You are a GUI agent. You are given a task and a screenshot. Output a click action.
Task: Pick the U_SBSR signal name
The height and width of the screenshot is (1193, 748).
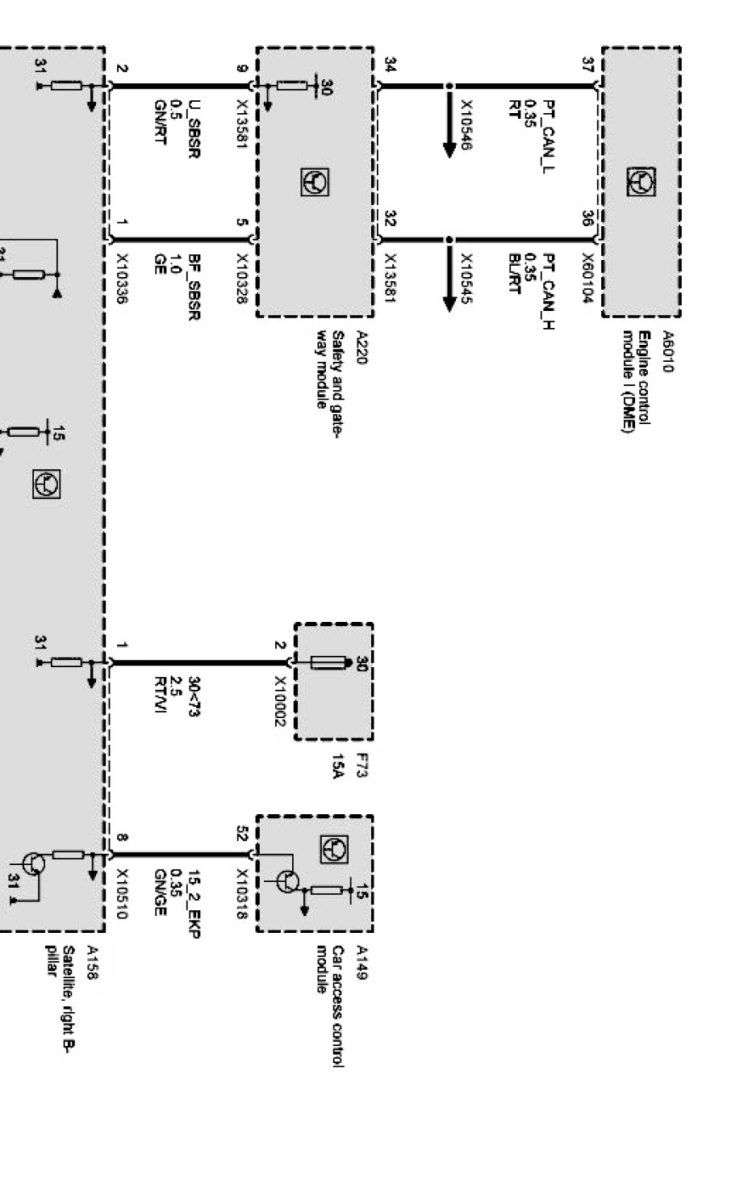tap(194, 128)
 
